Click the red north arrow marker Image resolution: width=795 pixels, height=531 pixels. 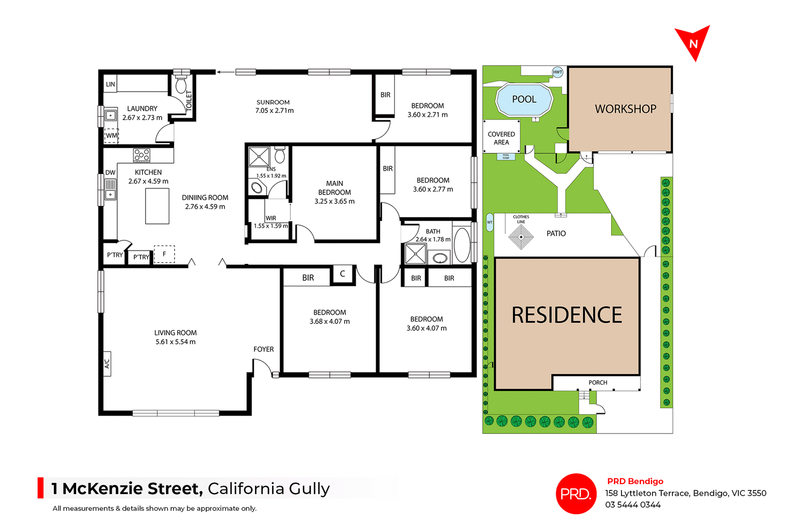click(693, 42)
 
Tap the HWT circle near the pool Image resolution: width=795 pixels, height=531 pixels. click(557, 72)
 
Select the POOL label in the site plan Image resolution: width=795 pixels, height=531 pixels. click(524, 99)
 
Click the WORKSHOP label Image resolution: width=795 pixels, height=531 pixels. click(625, 109)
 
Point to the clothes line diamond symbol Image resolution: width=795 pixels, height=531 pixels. click(521, 237)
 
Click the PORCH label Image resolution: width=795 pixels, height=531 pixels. click(597, 383)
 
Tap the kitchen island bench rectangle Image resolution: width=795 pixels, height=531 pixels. click(157, 206)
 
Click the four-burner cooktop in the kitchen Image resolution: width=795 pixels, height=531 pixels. click(142, 155)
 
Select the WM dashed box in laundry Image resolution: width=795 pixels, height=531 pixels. click(111, 136)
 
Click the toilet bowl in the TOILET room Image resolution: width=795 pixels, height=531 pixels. click(181, 85)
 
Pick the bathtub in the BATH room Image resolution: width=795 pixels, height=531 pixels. click(462, 245)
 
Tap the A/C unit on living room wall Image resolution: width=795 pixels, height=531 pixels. click(107, 364)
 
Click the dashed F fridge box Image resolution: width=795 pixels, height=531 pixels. click(164, 254)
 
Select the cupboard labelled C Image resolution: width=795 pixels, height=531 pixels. click(342, 274)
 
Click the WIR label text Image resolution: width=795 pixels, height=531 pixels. click(271, 218)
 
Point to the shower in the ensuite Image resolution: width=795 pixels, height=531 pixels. click(258, 157)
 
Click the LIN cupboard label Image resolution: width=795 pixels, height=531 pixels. click(110, 84)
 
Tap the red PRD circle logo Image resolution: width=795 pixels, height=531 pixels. click(576, 494)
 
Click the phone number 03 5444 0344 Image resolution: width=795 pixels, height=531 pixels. click(633, 505)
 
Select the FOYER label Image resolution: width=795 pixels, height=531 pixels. click(263, 349)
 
